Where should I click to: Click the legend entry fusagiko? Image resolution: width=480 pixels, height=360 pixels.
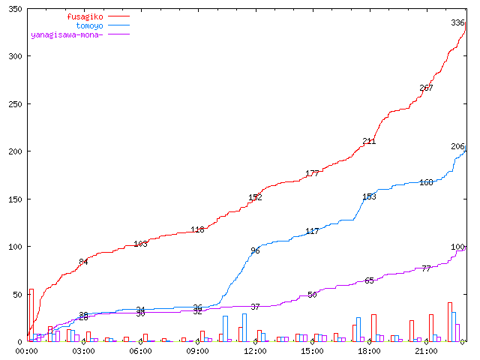click(85, 16)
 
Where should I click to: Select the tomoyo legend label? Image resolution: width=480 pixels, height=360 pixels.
click(90, 25)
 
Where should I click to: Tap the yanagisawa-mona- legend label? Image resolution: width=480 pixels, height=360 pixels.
click(67, 34)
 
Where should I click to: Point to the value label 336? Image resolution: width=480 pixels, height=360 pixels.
click(457, 22)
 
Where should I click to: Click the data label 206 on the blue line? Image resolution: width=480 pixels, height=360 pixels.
click(457, 146)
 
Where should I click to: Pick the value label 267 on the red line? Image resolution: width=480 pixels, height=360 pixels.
click(426, 88)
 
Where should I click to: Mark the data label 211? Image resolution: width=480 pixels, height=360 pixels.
click(369, 141)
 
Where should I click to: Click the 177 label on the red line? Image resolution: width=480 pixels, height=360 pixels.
click(312, 173)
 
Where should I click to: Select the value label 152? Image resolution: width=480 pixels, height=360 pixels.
click(255, 197)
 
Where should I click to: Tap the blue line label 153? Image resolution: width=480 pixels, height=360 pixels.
click(369, 196)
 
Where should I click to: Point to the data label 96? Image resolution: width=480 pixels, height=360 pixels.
click(255, 250)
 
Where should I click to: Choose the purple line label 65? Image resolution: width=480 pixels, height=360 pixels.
click(369, 280)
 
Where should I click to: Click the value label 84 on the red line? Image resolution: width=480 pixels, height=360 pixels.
click(83, 262)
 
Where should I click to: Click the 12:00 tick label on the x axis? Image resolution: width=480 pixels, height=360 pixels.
click(255, 350)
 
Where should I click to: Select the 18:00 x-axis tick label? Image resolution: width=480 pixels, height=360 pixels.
click(369, 350)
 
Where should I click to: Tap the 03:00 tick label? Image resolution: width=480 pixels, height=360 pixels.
click(83, 350)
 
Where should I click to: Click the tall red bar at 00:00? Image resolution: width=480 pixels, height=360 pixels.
click(31, 315)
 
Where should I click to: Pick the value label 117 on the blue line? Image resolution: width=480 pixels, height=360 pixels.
click(312, 231)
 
